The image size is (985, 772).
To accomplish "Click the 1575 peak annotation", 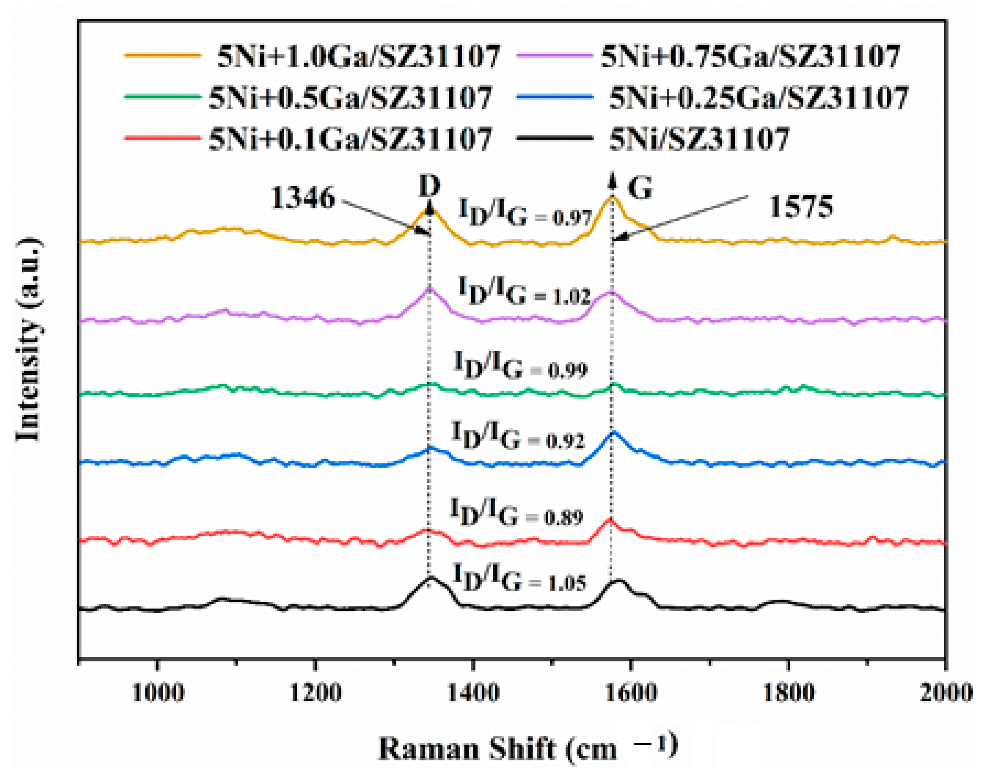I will pos(801,207).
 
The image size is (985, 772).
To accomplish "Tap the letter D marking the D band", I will pos(429,185).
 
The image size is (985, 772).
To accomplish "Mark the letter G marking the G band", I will pos(640,188).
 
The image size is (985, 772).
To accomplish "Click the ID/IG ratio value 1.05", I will pos(567,583).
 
